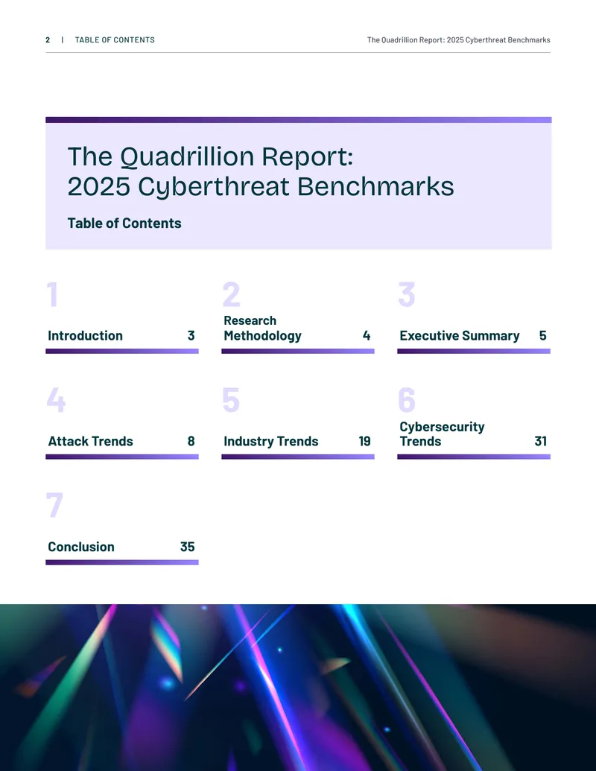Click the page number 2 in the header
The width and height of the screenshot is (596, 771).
click(48, 39)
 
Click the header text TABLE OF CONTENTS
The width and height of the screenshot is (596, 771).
click(115, 39)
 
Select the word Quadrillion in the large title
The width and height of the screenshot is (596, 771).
click(187, 157)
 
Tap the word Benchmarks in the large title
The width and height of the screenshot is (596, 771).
click(375, 186)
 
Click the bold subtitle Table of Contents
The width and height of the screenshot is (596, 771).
click(124, 223)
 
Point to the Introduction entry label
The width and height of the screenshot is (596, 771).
click(85, 335)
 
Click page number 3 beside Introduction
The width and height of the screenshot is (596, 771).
click(191, 335)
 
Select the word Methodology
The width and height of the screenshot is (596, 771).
click(262, 336)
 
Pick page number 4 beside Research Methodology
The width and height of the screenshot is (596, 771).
click(367, 335)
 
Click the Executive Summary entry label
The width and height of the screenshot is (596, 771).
click(460, 335)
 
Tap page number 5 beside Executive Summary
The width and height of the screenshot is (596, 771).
click(543, 335)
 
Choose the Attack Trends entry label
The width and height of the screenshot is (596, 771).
click(90, 441)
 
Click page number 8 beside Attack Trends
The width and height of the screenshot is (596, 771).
click(191, 441)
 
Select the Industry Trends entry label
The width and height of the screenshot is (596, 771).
click(271, 441)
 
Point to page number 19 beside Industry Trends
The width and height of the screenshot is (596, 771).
click(364, 441)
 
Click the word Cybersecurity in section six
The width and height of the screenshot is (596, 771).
click(442, 427)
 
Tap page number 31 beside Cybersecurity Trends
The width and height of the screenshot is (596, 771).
click(540, 441)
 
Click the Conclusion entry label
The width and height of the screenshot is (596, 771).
click(81, 547)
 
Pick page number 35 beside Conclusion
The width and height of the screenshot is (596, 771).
click(187, 547)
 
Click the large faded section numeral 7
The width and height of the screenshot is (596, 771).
click(54, 505)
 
